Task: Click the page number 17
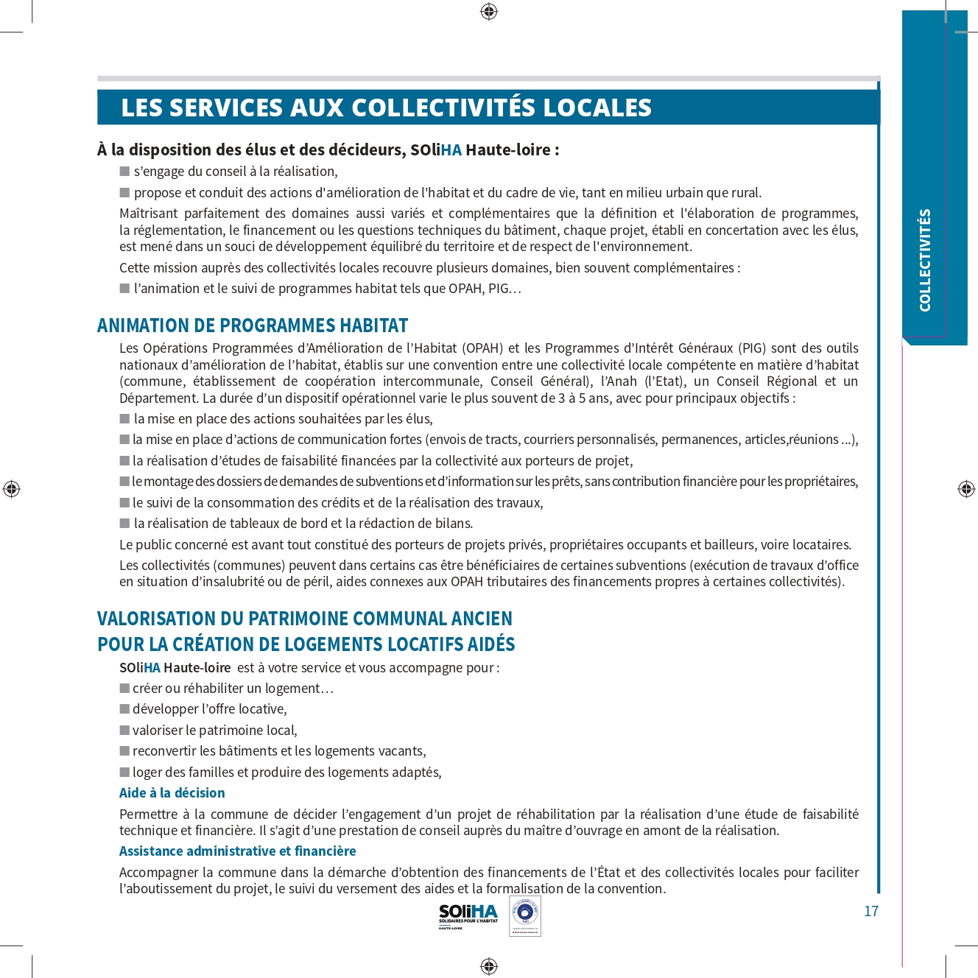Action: pyautogui.click(x=871, y=911)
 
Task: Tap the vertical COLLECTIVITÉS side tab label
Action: pyautogui.click(x=925, y=260)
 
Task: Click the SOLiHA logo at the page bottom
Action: pyautogui.click(x=468, y=915)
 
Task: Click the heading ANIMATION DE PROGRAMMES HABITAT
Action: pyautogui.click(x=253, y=326)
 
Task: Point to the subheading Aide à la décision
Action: pyautogui.click(x=172, y=793)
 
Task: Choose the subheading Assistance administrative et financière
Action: pyautogui.click(x=237, y=851)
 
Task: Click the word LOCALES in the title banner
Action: pyautogui.click(x=597, y=108)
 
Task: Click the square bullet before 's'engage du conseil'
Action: pyautogui.click(x=124, y=172)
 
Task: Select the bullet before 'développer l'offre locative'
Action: pyautogui.click(x=124, y=709)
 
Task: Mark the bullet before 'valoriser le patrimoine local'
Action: pyautogui.click(x=124, y=731)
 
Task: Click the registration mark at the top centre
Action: pyautogui.click(x=489, y=11)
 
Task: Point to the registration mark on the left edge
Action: pyautogui.click(x=11, y=489)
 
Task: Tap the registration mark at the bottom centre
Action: pyautogui.click(x=489, y=966)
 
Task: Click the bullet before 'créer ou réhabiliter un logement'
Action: pyautogui.click(x=124, y=689)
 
